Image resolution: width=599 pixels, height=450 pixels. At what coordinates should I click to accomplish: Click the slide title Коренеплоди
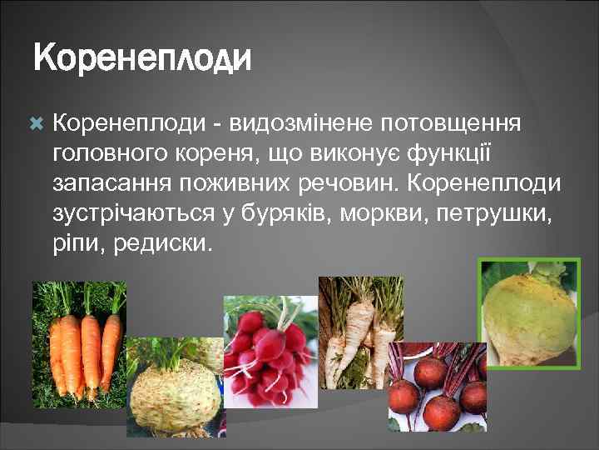tap(141, 59)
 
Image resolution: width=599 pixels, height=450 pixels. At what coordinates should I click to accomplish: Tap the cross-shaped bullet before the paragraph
tap(36, 123)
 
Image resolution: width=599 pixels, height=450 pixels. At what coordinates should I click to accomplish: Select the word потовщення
tap(450, 123)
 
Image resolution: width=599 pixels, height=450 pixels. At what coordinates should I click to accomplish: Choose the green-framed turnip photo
tap(530, 312)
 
